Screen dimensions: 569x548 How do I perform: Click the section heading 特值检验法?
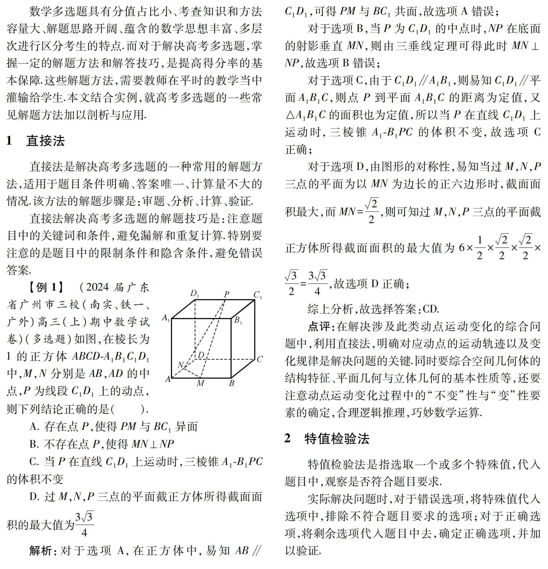click(x=337, y=438)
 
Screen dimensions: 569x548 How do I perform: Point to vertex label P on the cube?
click(x=227, y=294)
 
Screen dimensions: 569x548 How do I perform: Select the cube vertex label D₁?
click(x=194, y=293)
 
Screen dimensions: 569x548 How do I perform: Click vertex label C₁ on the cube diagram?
click(x=258, y=295)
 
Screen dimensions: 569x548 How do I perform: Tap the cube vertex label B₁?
click(x=238, y=321)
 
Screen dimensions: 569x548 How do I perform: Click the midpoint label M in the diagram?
click(x=200, y=383)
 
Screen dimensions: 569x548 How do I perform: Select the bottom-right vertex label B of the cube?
click(x=231, y=383)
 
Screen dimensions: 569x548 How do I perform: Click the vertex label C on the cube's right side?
click(x=259, y=359)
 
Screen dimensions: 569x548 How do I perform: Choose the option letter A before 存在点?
click(x=34, y=426)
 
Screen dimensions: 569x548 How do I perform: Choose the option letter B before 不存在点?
click(x=34, y=444)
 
